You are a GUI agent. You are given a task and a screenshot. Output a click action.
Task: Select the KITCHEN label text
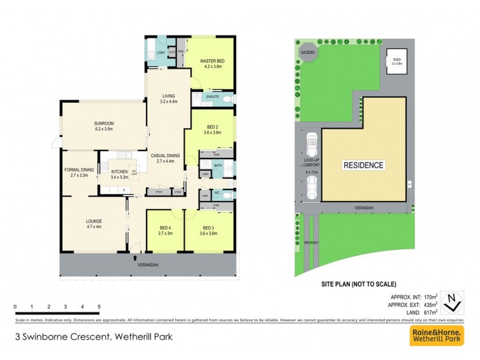[119, 172]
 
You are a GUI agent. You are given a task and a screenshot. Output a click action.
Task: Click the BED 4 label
[166, 227]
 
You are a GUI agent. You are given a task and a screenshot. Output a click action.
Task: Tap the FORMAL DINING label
[80, 170]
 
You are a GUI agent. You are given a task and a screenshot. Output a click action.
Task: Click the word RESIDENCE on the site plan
[363, 165]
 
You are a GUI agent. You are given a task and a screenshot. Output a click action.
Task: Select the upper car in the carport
[311, 144]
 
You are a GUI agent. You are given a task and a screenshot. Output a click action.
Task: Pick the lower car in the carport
[311, 189]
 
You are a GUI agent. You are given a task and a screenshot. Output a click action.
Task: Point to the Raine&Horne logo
[436, 336]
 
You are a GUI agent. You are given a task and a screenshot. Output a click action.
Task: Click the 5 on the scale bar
[98, 307]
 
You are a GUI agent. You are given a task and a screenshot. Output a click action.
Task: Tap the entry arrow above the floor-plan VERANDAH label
[134, 258]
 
